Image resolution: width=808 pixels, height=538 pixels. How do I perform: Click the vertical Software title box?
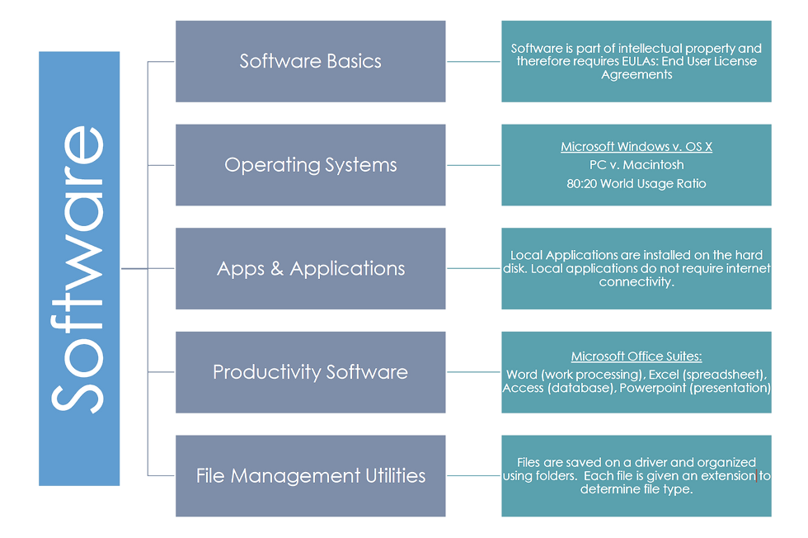(x=79, y=268)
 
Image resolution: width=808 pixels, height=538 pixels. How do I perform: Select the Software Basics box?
(x=310, y=61)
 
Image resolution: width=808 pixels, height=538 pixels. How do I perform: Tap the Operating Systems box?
(x=310, y=165)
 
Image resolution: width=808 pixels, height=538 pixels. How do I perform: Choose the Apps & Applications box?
(x=310, y=269)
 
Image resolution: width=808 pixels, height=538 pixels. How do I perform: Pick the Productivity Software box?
(x=310, y=372)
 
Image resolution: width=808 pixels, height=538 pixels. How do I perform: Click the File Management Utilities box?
(x=310, y=476)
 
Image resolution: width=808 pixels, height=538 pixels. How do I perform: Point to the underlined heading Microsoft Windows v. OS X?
(x=637, y=147)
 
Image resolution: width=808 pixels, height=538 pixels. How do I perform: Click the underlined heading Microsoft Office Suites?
(x=637, y=357)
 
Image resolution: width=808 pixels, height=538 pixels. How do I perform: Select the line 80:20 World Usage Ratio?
(x=637, y=183)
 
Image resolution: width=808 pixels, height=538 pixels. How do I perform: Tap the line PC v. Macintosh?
(x=637, y=165)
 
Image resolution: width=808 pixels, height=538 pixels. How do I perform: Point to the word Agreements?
(x=637, y=75)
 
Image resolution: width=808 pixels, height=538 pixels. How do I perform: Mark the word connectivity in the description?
(x=637, y=282)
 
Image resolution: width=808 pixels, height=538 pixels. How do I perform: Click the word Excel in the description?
(x=663, y=374)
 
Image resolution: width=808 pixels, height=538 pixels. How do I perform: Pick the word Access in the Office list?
(x=524, y=388)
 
